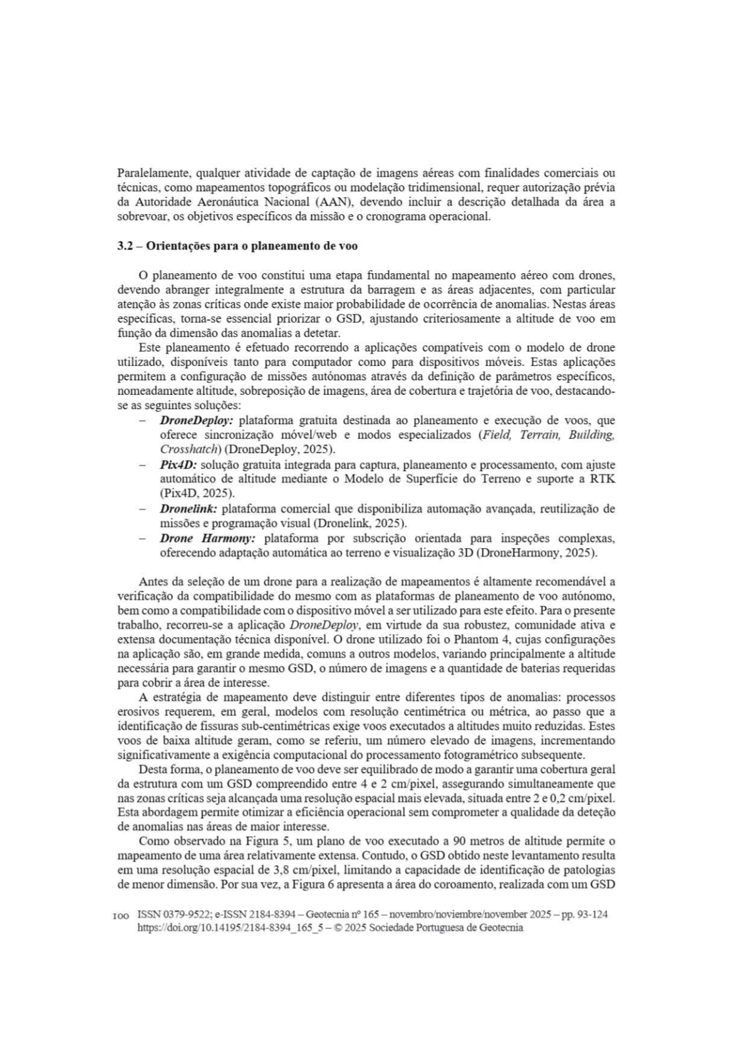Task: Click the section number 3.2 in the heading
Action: pyautogui.click(x=125, y=246)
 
